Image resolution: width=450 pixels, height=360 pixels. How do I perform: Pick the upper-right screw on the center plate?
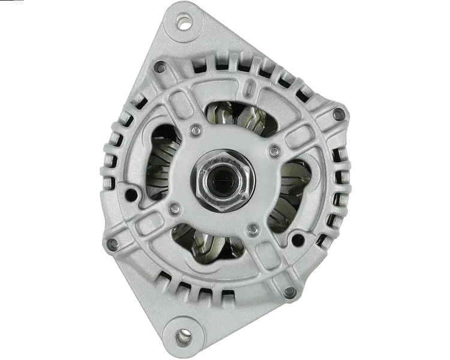pos(274,149)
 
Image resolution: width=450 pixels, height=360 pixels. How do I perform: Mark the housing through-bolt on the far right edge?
pos(343,116)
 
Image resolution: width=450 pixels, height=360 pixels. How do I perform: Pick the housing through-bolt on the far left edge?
pos(112,244)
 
